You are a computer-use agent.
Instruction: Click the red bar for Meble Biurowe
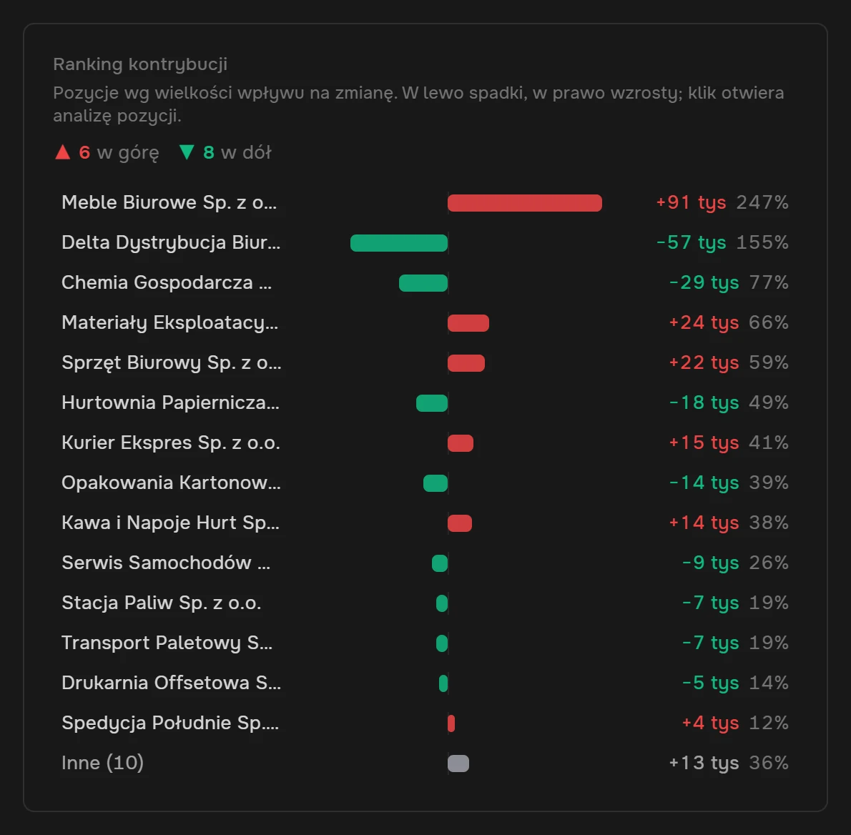point(524,203)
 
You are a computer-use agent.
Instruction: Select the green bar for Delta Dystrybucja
point(399,243)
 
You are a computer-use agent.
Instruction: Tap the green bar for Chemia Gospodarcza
point(423,283)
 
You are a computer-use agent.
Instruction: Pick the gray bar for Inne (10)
point(458,764)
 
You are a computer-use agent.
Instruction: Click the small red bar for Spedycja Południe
point(451,723)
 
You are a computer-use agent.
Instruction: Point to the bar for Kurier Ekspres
point(461,443)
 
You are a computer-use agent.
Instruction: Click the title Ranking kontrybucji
point(140,64)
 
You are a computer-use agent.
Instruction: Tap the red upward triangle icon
point(63,152)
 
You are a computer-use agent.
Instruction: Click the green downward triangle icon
point(187,152)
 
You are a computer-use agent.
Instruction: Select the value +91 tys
point(691,202)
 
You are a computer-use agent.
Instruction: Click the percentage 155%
point(762,242)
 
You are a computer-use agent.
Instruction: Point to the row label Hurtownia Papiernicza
point(170,402)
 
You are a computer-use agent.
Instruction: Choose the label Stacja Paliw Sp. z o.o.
point(161,603)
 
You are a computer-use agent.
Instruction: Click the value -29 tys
point(704,282)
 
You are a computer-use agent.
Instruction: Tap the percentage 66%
point(769,323)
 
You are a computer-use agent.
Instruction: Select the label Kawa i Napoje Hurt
point(170,523)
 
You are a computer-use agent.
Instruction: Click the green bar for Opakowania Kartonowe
point(436,483)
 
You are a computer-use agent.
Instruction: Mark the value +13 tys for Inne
point(704,763)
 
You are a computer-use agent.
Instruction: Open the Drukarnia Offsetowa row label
point(171,683)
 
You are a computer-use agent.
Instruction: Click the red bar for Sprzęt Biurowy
point(466,363)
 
